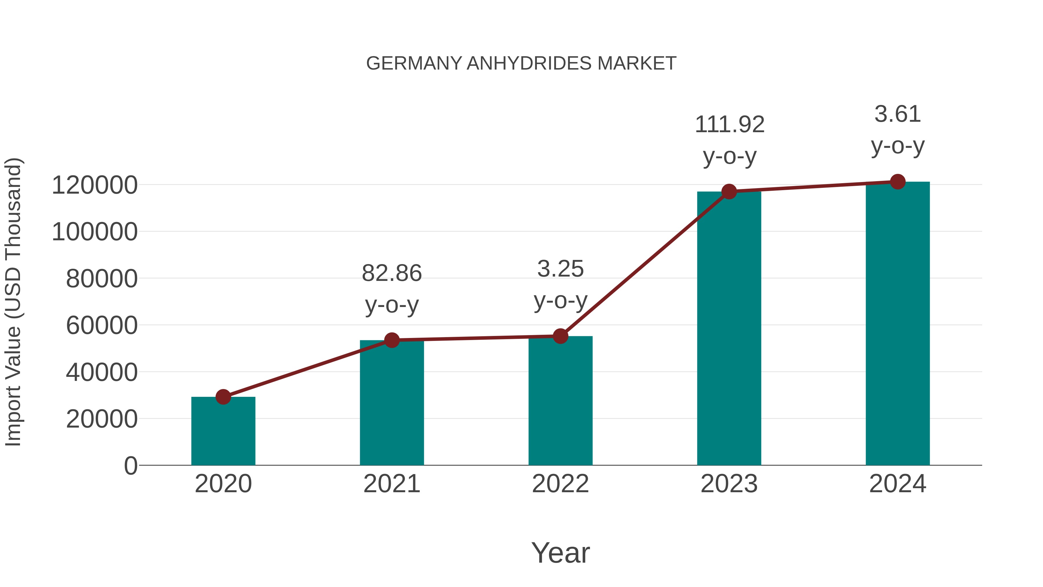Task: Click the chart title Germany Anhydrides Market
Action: pyautogui.click(x=521, y=63)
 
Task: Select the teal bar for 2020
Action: pyautogui.click(x=223, y=431)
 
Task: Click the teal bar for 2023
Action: pyautogui.click(x=729, y=328)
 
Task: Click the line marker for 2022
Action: pyautogui.click(x=560, y=336)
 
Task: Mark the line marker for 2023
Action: pyautogui.click(x=729, y=191)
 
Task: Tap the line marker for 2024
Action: pyautogui.click(x=898, y=181)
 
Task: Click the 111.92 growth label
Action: pyautogui.click(x=729, y=125)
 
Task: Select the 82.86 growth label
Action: pyautogui.click(x=391, y=273)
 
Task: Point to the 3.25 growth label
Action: pyautogui.click(x=560, y=269)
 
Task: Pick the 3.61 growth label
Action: pyautogui.click(x=898, y=114)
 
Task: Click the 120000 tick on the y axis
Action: pyautogui.click(x=95, y=186)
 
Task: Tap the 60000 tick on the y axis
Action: pyautogui.click(x=102, y=326)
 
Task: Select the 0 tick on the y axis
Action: pyautogui.click(x=130, y=466)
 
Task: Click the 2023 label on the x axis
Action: pyautogui.click(x=729, y=484)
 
